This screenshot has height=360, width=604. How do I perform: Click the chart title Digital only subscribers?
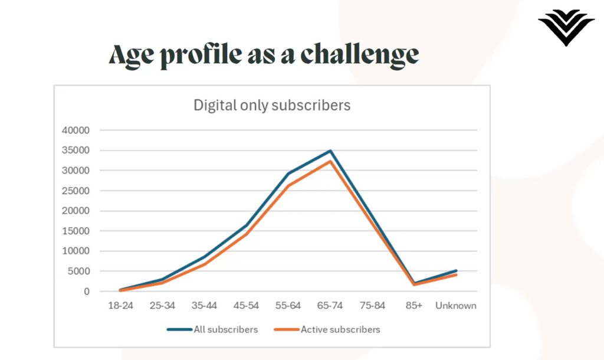click(272, 106)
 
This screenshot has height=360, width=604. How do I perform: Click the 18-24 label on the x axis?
click(120, 306)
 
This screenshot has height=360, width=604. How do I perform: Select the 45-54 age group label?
click(246, 306)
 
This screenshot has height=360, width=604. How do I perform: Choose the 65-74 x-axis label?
click(330, 306)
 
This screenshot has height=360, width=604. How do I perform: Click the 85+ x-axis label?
click(414, 306)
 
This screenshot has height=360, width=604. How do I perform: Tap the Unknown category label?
click(456, 306)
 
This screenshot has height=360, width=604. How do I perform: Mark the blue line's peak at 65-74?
click(330, 151)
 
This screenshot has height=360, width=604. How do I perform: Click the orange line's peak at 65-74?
click(330, 161)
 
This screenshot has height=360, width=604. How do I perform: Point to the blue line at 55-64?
click(288, 174)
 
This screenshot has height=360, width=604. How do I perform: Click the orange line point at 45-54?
click(246, 234)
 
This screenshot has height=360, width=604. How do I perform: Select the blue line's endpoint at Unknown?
click(456, 271)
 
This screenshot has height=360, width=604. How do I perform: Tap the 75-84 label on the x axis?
click(372, 306)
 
